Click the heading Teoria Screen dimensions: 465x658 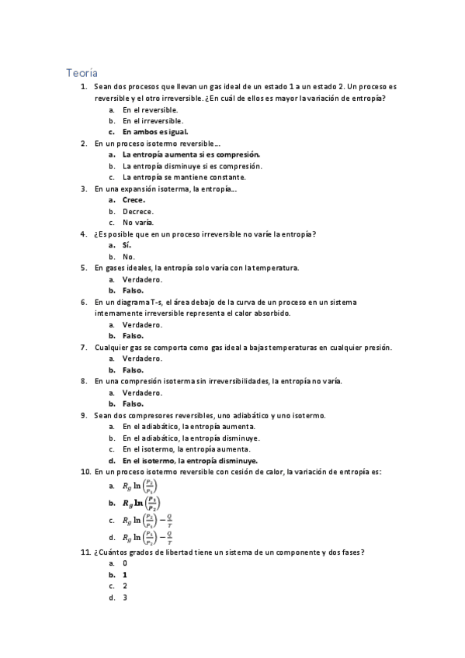(x=82, y=72)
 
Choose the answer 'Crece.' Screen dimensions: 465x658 (x=134, y=199)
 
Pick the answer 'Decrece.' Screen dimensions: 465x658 (x=138, y=211)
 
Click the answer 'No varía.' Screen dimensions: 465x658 (x=138, y=222)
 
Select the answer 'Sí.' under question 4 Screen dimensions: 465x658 (x=127, y=244)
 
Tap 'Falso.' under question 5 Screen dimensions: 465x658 (x=133, y=290)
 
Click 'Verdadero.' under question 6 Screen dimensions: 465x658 (x=142, y=324)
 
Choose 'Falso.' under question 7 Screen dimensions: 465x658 (x=133, y=370)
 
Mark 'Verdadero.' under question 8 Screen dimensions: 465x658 (x=142, y=393)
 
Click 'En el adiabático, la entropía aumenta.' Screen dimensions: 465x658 (x=189, y=427)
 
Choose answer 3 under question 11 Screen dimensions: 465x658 (x=125, y=597)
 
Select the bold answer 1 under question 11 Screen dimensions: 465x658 (x=125, y=575)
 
